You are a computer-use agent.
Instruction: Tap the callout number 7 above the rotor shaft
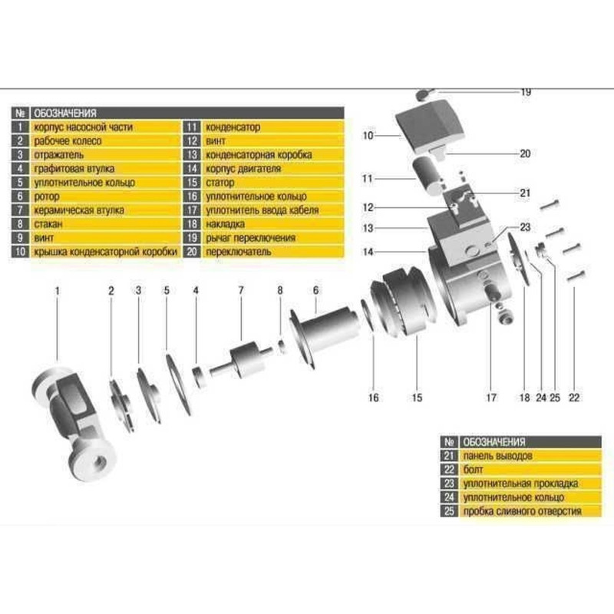point(240,290)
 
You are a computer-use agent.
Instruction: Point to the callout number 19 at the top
point(526,92)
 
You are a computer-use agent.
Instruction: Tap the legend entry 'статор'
point(223,182)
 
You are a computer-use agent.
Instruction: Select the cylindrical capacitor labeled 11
point(430,173)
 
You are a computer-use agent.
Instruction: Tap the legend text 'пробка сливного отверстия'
point(521,511)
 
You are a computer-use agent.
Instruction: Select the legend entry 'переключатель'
point(237,252)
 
